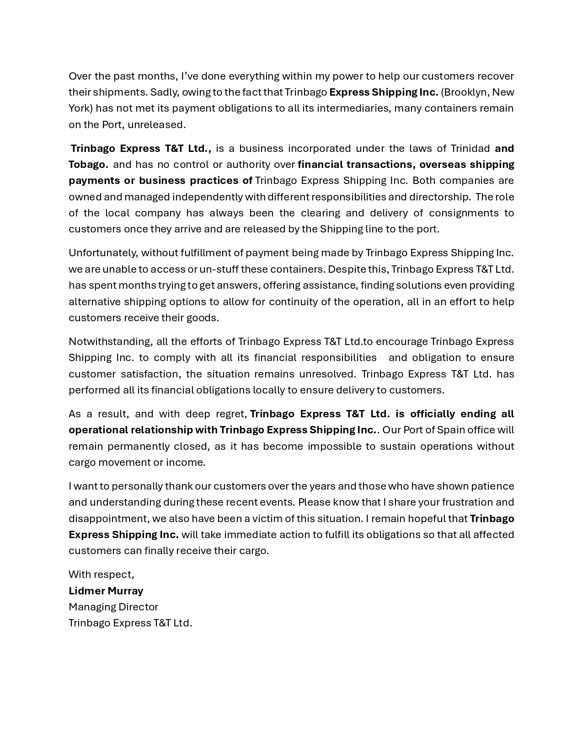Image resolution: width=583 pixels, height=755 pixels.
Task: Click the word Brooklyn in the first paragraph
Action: [x=466, y=92]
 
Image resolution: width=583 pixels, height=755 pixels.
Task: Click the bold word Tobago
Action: [x=88, y=164]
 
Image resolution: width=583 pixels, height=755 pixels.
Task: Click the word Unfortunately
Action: [x=103, y=253]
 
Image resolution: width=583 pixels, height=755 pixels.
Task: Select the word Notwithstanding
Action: [x=111, y=342]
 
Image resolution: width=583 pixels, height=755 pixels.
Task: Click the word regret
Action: [x=231, y=414]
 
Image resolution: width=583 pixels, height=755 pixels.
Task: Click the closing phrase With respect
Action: [x=101, y=574]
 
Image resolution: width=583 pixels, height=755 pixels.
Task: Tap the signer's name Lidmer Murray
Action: [x=106, y=591]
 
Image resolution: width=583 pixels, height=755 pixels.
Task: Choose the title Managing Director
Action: [x=113, y=607]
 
